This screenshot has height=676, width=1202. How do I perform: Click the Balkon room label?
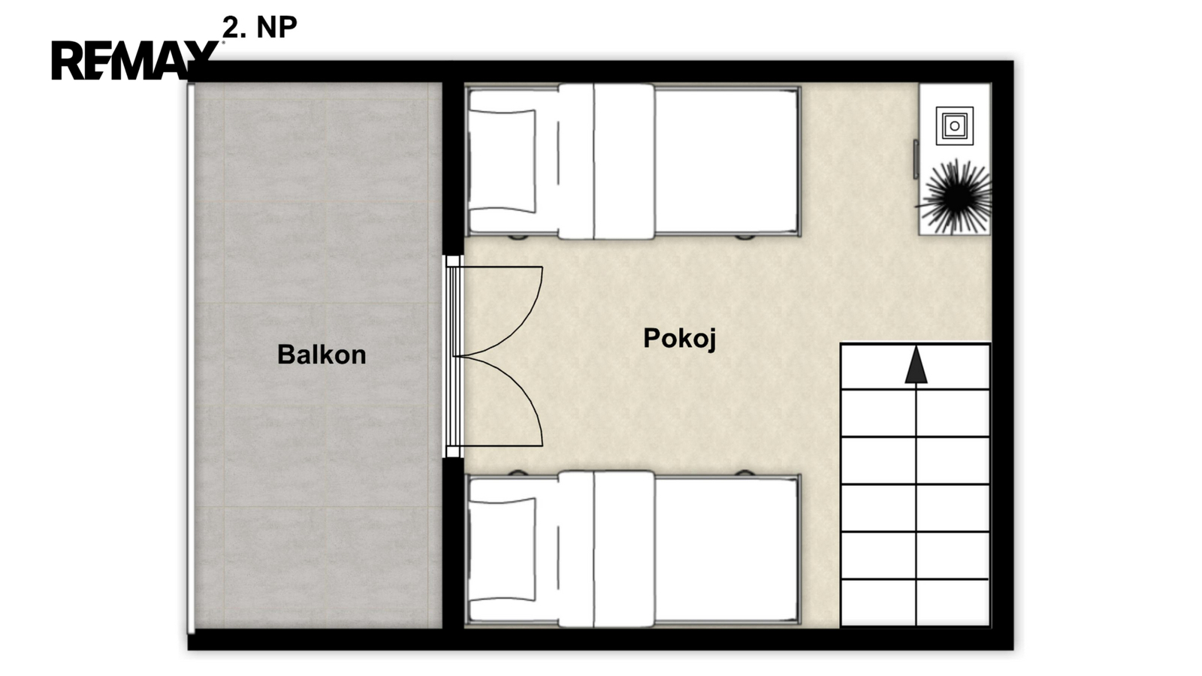coord(322,355)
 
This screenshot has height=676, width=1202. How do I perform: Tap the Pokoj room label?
coord(680,339)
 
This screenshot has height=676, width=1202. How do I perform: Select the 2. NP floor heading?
coord(260,27)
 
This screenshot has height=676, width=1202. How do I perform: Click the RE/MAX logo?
coord(134,60)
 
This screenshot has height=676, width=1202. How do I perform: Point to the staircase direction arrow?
coord(916,365)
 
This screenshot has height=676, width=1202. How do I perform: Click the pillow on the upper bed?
coord(503,161)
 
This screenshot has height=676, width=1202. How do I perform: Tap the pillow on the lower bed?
coord(503,549)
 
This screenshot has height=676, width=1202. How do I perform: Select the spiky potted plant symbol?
coord(956,197)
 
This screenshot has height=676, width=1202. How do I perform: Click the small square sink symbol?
coord(955,125)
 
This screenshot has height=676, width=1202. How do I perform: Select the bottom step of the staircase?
coord(915,602)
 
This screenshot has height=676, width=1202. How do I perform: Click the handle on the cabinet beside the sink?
coord(916,158)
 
